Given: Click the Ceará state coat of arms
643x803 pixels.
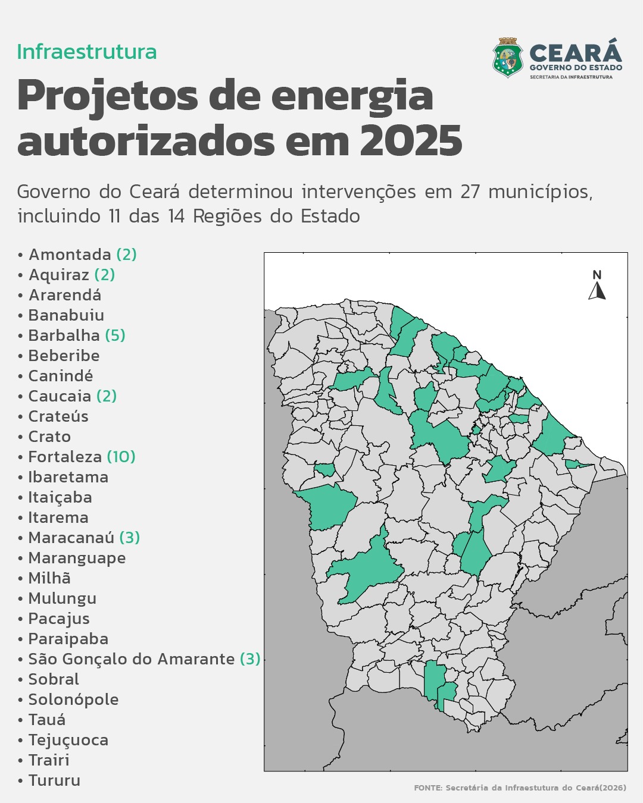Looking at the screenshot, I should [508, 58].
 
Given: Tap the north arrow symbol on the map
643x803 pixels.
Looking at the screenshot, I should [597, 291].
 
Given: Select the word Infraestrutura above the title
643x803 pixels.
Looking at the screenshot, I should [87, 52].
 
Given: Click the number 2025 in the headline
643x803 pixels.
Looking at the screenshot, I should [411, 141].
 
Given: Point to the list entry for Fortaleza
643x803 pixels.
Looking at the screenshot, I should [65, 457].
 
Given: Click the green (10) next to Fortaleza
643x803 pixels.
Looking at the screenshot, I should [121, 457].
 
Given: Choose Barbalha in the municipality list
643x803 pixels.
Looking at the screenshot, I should [64, 335].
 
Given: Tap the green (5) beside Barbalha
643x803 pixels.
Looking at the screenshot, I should [115, 335].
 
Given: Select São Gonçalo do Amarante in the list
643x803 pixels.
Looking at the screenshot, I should [132, 659].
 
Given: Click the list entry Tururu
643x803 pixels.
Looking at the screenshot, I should [54, 780].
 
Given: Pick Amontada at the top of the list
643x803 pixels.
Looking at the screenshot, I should [70, 255].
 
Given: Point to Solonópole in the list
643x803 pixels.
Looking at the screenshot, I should [73, 700].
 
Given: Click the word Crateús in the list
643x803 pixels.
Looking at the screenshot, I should [58, 416].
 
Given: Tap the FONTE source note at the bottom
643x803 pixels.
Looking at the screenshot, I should [520, 788].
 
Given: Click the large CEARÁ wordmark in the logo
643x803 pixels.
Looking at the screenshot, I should [575, 53].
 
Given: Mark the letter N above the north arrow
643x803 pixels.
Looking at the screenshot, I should [597, 275].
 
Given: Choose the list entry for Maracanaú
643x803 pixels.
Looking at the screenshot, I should [71, 538].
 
